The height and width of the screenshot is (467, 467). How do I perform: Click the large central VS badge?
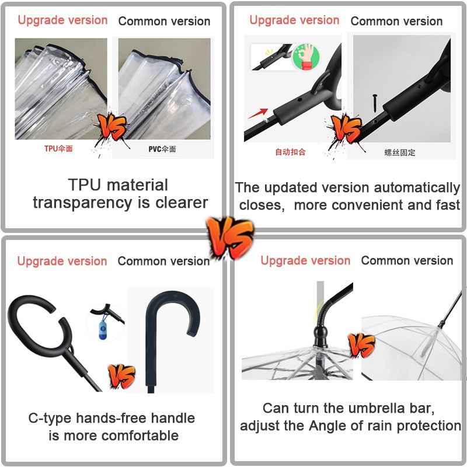click(229, 238)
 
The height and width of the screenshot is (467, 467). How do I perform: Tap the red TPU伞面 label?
click(58, 149)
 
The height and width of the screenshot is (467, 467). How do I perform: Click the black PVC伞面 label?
click(162, 149)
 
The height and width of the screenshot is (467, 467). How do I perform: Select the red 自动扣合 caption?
click(290, 152)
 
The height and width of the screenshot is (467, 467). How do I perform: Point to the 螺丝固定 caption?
click(400, 152)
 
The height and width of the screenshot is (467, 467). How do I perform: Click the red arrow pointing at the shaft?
click(257, 113)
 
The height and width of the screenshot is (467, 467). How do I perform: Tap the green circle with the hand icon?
click(306, 57)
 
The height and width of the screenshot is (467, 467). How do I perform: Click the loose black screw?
click(375, 103)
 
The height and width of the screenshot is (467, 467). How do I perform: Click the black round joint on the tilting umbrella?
click(320, 333)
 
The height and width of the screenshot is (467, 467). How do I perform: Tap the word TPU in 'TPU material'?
click(84, 184)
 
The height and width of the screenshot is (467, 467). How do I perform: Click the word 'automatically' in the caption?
click(417, 188)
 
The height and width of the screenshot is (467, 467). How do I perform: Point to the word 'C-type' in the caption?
click(50, 419)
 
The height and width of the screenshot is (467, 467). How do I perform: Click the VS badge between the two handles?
click(121, 376)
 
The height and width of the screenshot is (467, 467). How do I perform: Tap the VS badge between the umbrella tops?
click(361, 345)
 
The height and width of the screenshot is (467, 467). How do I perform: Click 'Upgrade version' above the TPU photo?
click(62, 20)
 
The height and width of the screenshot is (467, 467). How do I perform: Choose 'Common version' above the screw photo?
click(396, 21)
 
